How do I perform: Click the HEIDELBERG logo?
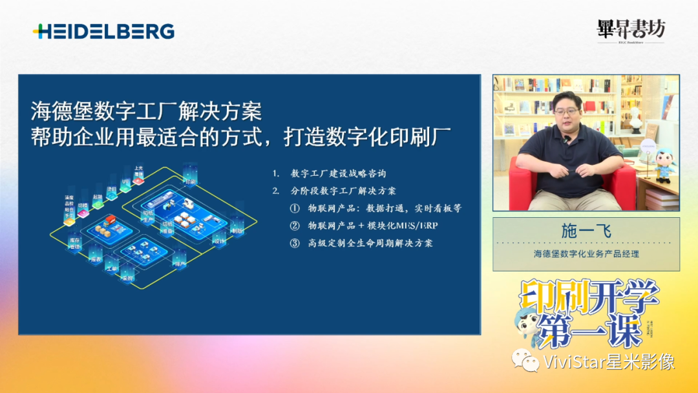(x=103, y=31)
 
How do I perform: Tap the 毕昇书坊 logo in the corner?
(x=630, y=29)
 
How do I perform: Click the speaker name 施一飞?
(x=586, y=231)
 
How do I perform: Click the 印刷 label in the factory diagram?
(x=189, y=182)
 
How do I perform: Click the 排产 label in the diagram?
(x=180, y=264)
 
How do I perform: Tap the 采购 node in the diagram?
(x=127, y=279)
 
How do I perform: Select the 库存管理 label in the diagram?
(x=74, y=242)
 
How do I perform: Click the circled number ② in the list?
(x=295, y=226)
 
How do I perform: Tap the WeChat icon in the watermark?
(x=525, y=360)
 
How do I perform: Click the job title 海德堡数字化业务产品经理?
(x=586, y=254)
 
